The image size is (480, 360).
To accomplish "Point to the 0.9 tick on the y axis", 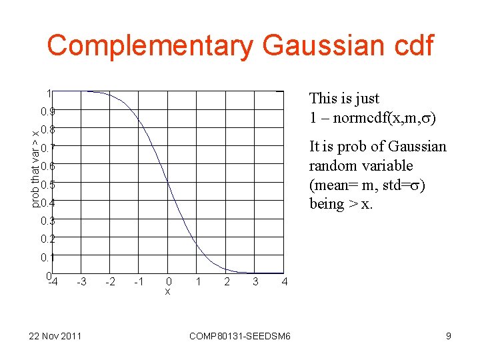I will click(x=47, y=111).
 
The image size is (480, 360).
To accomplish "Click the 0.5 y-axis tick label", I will click(x=47, y=185).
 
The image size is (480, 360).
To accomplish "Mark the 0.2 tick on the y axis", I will click(x=47, y=239).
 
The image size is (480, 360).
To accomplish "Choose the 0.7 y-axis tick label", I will click(x=47, y=147).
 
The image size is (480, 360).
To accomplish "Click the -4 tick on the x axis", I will click(x=53, y=281).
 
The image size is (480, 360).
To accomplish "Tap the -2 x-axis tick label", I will click(x=110, y=282).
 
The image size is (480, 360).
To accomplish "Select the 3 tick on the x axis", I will click(x=255, y=282).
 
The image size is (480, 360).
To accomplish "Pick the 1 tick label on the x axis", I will click(x=198, y=282).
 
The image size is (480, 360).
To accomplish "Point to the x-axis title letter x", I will click(x=168, y=291).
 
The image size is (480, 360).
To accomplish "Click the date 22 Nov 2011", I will click(x=55, y=336).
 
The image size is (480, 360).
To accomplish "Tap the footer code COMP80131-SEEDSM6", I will click(x=240, y=336).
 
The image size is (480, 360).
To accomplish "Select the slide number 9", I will click(x=449, y=336).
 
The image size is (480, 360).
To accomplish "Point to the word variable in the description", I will click(x=390, y=165).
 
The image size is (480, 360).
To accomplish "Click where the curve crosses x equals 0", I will click(x=168, y=182).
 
